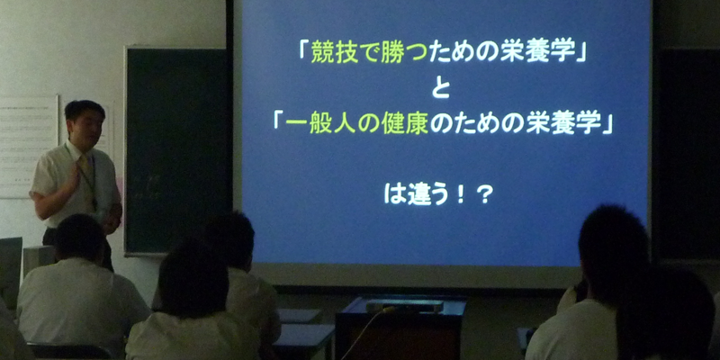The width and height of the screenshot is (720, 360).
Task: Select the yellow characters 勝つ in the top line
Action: click(x=405, y=54)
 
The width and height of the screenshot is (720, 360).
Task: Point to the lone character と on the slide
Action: click(x=440, y=88)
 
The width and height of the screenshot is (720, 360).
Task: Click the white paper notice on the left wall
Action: click(x=29, y=146)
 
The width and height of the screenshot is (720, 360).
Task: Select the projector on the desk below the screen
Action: click(x=404, y=305)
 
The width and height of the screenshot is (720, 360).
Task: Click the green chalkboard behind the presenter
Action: click(x=177, y=149)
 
